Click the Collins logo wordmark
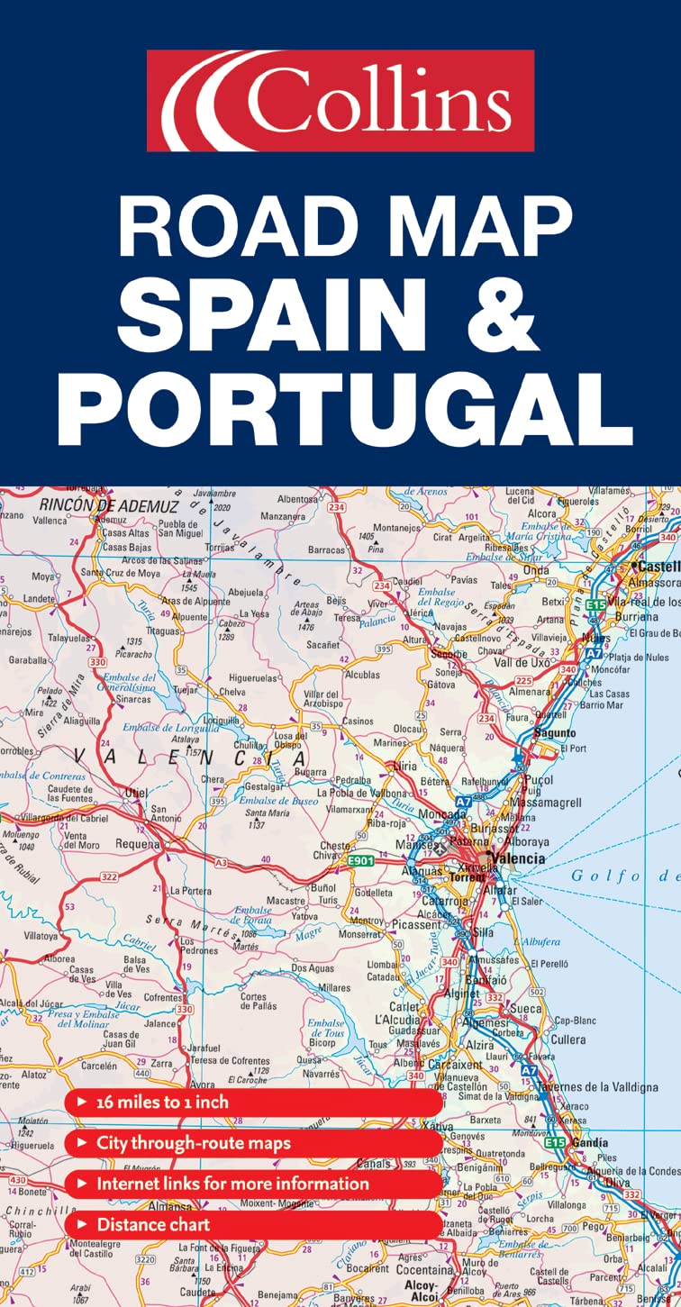point(340,100)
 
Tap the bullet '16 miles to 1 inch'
point(162,1103)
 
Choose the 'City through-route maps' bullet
point(194,1143)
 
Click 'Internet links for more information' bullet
point(232,1184)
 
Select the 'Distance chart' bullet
point(153,1224)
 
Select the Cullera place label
point(567,1039)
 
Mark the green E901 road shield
point(361,861)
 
